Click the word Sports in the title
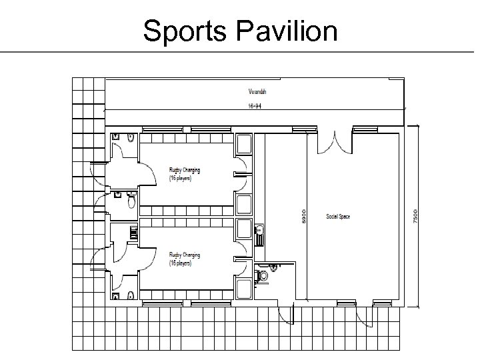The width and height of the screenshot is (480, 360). point(181,31)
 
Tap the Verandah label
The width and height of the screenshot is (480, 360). point(255,91)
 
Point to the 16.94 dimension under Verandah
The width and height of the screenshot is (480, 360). point(255,105)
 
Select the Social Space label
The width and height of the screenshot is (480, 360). point(338,217)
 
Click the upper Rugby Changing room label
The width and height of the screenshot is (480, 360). point(184,175)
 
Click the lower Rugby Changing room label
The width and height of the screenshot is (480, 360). point(184,259)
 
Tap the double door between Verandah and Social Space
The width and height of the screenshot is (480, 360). point(335,141)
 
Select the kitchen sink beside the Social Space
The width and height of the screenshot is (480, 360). point(260,231)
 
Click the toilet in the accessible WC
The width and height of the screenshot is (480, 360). point(263,274)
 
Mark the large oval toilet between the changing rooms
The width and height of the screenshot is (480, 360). point(131,199)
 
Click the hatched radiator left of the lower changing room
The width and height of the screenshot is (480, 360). point(133,232)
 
